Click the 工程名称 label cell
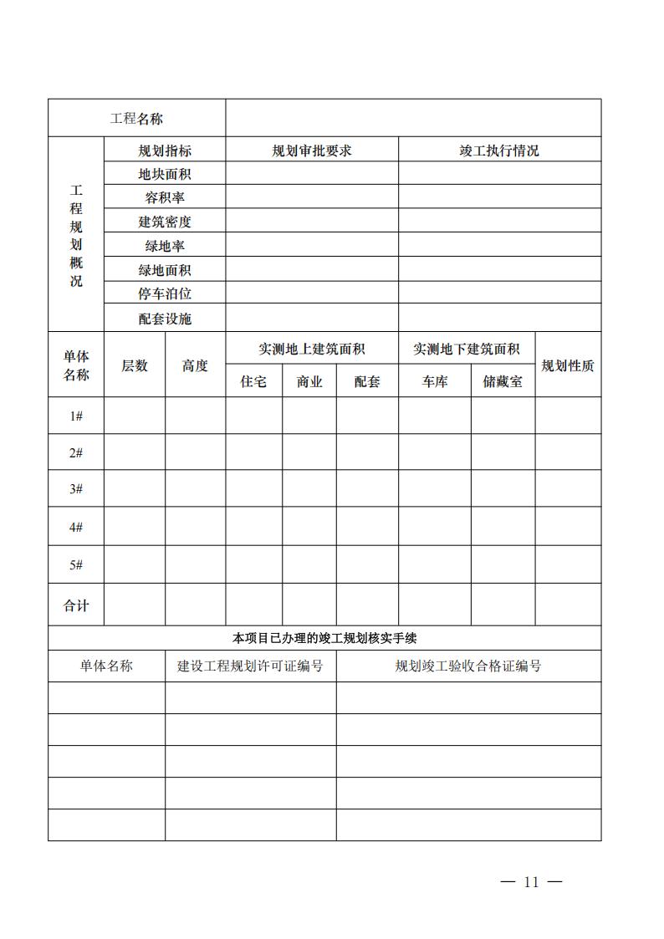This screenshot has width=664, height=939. coord(136,119)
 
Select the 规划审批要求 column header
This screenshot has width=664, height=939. coord(311,151)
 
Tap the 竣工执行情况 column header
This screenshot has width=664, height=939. coord(499,151)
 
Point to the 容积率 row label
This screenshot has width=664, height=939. coord(165,198)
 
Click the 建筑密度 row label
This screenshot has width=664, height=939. coord(165,222)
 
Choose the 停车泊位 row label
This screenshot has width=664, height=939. coord(165,294)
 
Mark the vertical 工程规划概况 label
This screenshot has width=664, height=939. coord(76,236)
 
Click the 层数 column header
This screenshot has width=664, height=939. coord(135,365)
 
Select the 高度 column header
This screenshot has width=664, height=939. coord(195,365)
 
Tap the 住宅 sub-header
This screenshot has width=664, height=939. coord(253,381)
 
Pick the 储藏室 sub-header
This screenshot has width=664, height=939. coord(503,381)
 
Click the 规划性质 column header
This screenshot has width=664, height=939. coord(568,365)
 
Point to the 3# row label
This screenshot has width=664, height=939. coord(76,489)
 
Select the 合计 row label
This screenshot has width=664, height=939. coord(76,605)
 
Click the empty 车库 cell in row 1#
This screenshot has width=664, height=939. coord(434,416)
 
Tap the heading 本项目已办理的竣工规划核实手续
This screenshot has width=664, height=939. coord(324,639)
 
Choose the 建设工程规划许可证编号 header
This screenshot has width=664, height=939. coord(250,666)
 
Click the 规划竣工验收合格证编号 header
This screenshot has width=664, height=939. coord(468,666)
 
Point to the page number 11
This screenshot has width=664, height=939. coord(531,882)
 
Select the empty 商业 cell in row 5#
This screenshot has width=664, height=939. coord(309,565)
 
